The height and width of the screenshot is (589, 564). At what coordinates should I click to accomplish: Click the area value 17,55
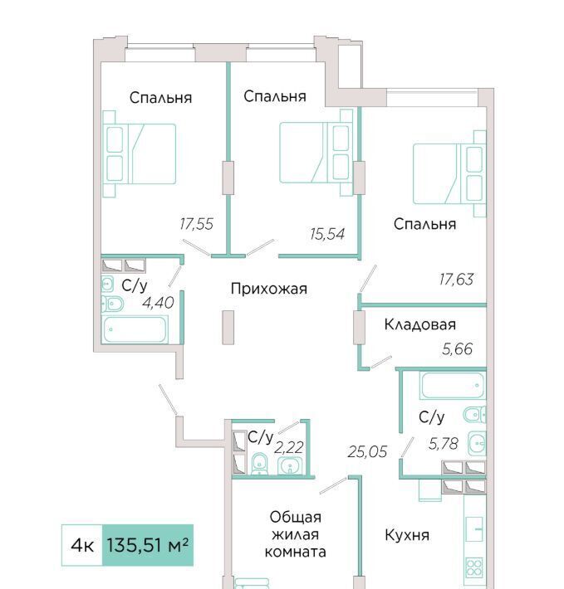click(x=196, y=224)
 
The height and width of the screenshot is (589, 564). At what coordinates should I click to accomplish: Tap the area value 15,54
click(x=327, y=234)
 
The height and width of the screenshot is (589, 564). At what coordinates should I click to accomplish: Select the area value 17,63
click(x=457, y=280)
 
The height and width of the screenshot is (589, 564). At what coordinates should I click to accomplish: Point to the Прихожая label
click(x=269, y=289)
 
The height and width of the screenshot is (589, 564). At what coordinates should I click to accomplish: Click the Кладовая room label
click(x=420, y=324)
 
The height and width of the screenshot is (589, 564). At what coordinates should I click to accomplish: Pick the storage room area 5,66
click(x=457, y=349)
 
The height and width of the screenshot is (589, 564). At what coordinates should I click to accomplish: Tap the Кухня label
click(x=407, y=535)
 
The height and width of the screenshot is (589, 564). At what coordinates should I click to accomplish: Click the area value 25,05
click(x=367, y=451)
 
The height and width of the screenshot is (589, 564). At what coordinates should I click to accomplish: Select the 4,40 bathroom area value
click(x=158, y=303)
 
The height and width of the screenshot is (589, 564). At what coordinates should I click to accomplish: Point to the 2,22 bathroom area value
click(x=289, y=448)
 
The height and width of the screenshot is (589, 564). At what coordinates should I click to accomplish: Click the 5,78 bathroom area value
click(x=444, y=445)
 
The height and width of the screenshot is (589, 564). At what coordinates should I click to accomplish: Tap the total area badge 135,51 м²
click(x=148, y=545)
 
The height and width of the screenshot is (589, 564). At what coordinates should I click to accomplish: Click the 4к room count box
click(x=82, y=545)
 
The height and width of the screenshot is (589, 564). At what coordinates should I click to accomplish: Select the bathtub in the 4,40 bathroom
click(x=135, y=330)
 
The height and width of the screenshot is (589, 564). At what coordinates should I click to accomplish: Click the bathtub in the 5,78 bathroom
click(x=453, y=385)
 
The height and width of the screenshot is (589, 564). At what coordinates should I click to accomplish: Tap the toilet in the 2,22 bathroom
click(x=258, y=465)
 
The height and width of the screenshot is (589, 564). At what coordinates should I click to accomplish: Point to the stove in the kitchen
click(x=474, y=568)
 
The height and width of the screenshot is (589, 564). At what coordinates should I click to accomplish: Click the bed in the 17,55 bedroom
click(x=140, y=154)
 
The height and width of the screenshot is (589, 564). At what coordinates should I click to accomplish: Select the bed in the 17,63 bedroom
click(x=449, y=173)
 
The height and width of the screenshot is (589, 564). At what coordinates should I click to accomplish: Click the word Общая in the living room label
click(x=296, y=518)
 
